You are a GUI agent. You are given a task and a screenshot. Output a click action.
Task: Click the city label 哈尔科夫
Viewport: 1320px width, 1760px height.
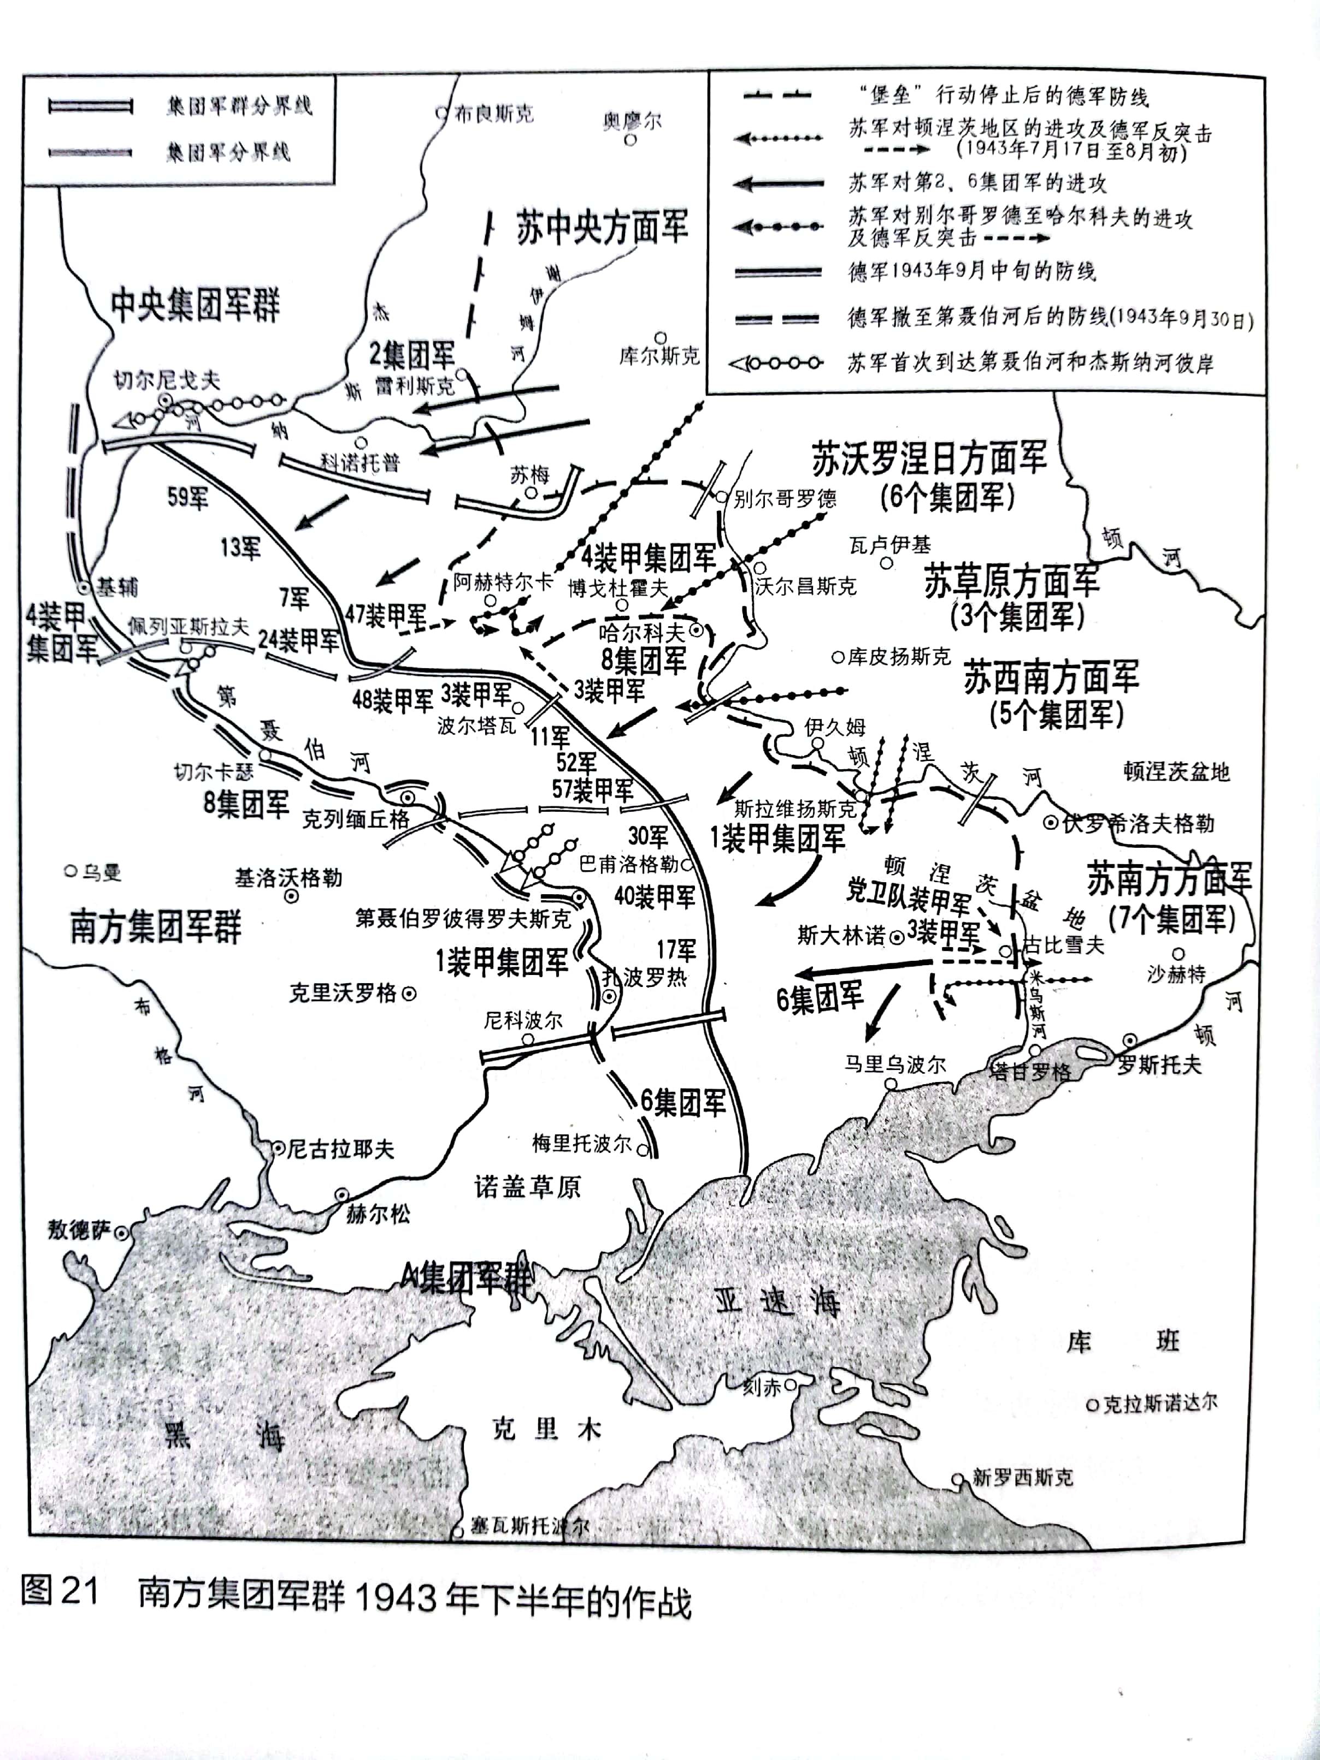[641, 633]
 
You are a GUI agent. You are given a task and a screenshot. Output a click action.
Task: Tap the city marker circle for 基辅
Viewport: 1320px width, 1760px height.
[84, 587]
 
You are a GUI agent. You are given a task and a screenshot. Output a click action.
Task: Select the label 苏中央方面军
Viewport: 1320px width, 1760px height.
[602, 228]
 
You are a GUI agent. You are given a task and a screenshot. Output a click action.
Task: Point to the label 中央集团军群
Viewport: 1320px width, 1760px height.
[195, 305]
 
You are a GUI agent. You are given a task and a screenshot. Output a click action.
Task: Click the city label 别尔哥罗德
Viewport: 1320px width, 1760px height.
[784, 499]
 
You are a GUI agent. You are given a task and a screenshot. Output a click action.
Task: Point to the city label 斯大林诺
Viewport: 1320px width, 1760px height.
[841, 936]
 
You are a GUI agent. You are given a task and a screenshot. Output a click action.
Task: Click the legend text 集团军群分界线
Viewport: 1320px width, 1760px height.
[239, 106]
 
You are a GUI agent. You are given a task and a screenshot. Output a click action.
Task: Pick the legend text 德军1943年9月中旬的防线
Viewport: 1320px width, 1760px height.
[972, 271]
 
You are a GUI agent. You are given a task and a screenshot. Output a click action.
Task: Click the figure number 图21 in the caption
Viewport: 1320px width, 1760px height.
[60, 1591]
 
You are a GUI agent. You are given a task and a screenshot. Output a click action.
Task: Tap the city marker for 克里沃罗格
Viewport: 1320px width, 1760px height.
[409, 993]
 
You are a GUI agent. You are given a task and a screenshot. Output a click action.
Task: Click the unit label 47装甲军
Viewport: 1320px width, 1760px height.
[385, 615]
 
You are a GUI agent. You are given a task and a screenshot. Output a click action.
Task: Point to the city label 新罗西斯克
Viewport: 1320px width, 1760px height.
[1022, 1478]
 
